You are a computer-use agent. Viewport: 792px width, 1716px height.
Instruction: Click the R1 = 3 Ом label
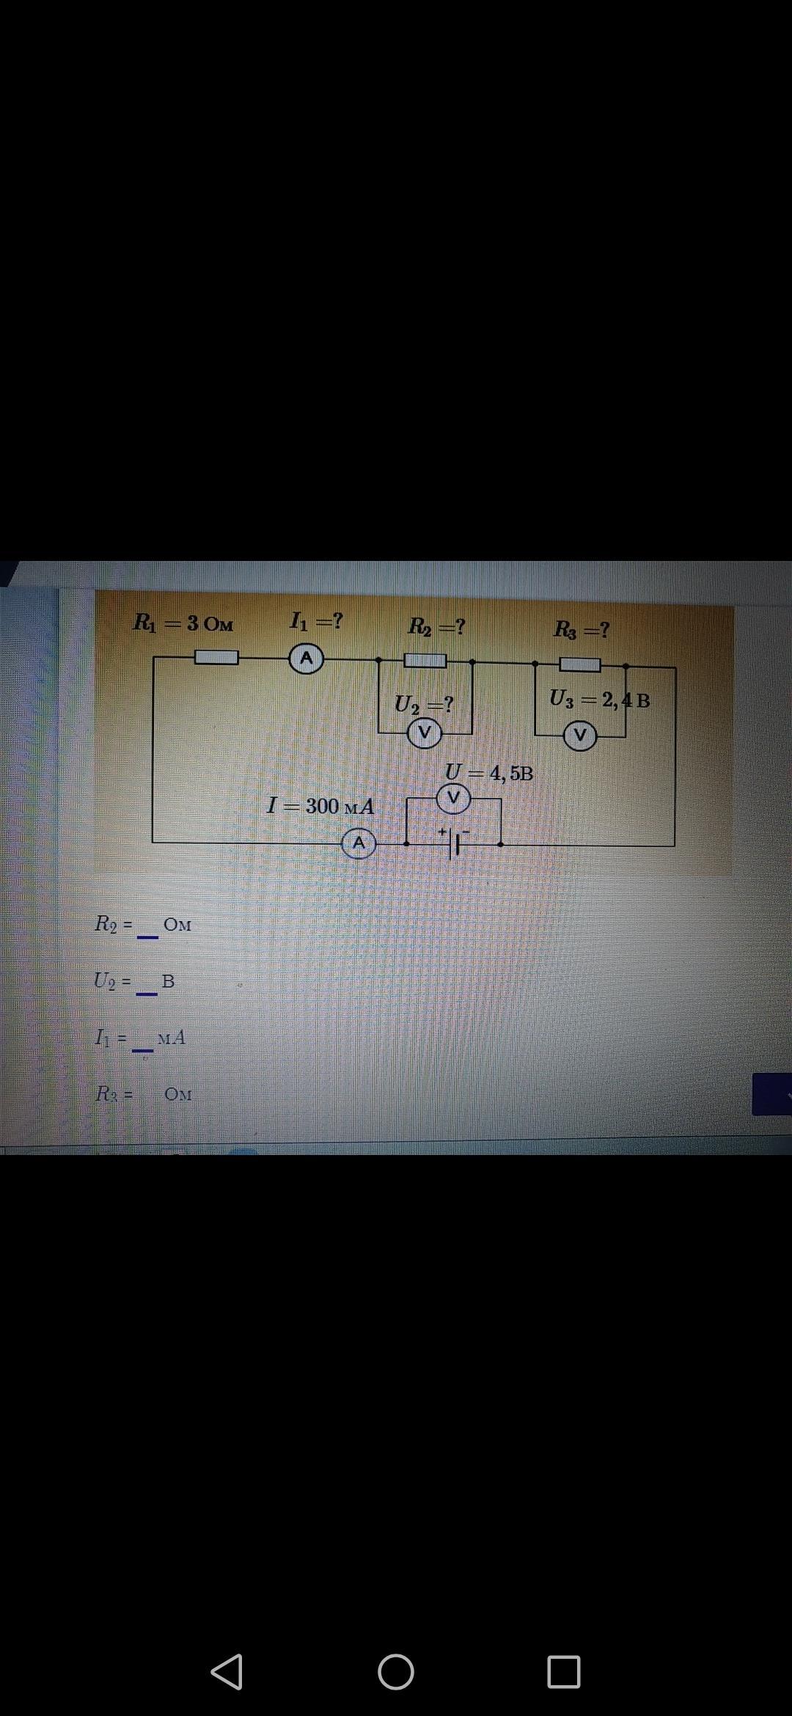183,623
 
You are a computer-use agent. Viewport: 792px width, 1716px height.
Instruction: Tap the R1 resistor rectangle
216,658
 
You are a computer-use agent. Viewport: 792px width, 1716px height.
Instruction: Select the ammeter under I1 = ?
307,659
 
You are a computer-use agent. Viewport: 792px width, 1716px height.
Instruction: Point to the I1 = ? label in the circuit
315,622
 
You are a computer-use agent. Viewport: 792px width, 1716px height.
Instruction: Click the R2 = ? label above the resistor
436,627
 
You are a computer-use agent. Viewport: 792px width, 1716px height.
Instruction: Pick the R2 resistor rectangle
425,661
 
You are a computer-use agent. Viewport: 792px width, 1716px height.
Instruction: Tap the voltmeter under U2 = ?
424,733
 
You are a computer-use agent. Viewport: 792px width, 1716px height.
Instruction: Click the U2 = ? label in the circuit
424,705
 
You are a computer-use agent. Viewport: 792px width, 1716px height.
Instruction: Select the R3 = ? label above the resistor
582,629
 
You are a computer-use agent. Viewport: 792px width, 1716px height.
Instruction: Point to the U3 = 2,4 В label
599,700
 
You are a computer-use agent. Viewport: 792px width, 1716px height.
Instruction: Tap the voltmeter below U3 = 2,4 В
580,736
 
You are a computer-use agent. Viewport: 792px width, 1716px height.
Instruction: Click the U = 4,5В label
489,773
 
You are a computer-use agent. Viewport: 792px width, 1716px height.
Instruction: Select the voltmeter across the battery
453,797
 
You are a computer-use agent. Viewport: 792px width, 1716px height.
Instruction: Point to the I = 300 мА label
320,806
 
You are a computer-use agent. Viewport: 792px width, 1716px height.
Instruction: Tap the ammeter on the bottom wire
359,844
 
